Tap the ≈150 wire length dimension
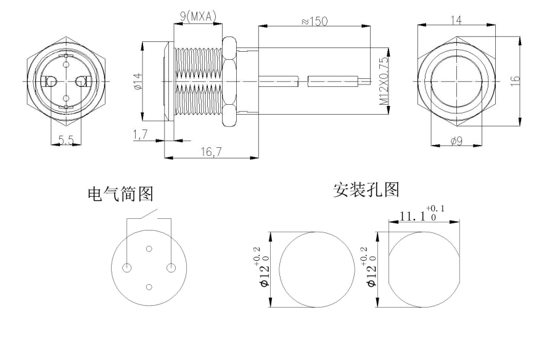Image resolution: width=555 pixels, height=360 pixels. tap(314, 20)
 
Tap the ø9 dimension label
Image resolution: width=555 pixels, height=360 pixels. tap(457, 142)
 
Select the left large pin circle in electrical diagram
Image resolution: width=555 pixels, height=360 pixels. tap(127, 268)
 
